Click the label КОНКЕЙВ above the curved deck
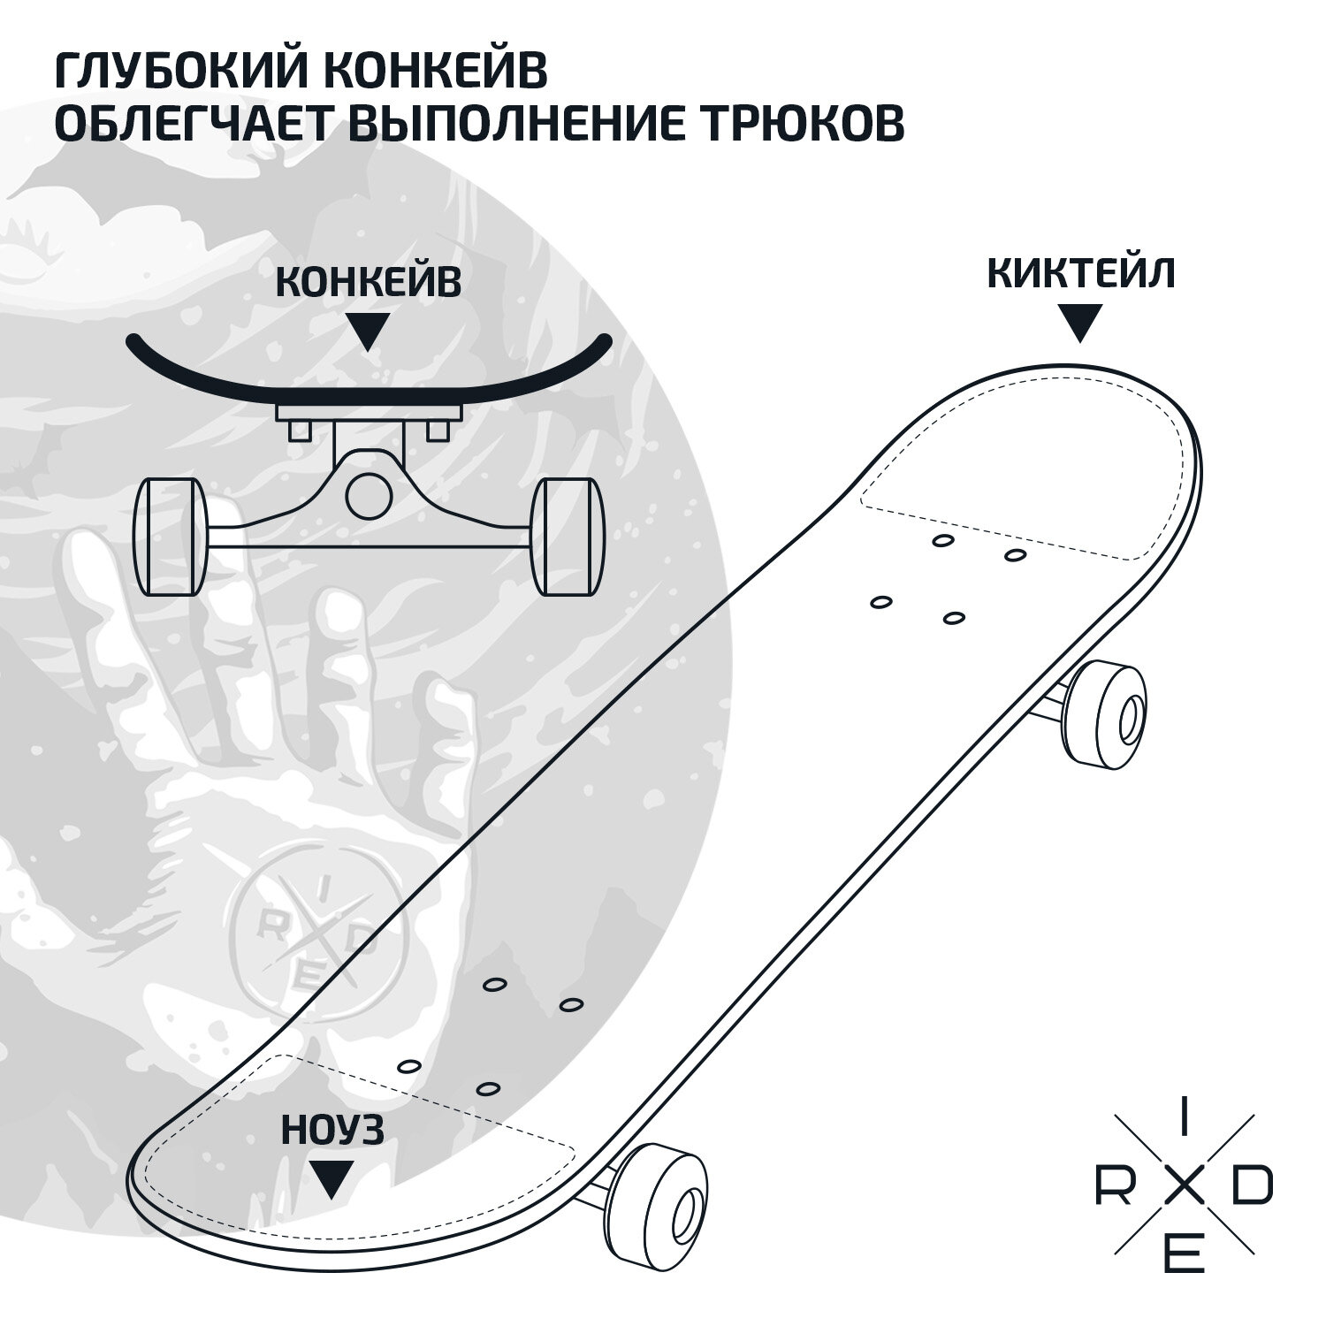tap(369, 283)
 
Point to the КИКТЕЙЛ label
tap(1080, 274)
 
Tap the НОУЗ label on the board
tap(332, 1131)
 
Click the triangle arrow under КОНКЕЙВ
tap(368, 331)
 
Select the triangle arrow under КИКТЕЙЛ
tap(1079, 323)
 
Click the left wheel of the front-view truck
tap(170, 537)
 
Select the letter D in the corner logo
tap(1252, 1189)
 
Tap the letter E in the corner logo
tap(1185, 1256)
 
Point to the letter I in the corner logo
tap(1185, 1123)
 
